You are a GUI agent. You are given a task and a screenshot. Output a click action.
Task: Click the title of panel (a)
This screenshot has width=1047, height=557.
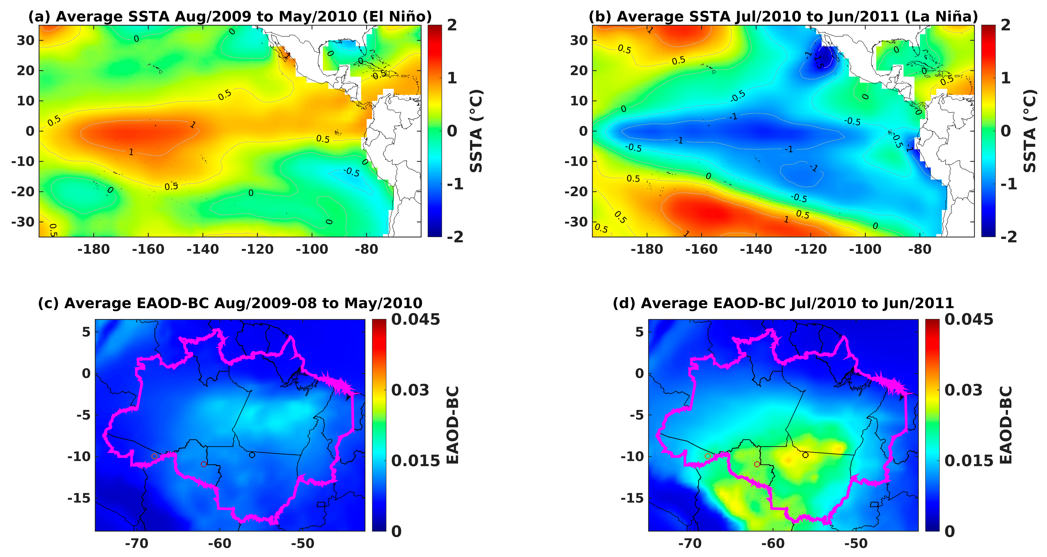point(230,17)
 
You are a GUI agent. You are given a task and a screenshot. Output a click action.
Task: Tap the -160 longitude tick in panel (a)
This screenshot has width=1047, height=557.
point(148,249)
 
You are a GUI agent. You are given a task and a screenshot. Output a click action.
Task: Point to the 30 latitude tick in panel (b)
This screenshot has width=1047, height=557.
point(579,40)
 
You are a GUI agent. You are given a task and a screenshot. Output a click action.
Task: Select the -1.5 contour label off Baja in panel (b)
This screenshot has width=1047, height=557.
point(818,61)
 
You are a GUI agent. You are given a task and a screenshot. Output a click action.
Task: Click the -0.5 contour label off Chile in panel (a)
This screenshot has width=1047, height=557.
point(352,172)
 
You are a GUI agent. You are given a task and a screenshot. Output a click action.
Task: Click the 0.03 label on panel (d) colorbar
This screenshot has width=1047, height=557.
point(963,390)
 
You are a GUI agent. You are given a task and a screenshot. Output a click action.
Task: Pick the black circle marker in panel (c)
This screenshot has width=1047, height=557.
point(252,455)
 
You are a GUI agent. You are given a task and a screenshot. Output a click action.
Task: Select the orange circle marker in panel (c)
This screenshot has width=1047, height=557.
point(154,456)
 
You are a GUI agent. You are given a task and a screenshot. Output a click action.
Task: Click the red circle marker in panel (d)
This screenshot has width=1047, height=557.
point(757,464)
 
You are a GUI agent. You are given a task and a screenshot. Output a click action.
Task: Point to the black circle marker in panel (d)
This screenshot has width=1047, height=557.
point(805,455)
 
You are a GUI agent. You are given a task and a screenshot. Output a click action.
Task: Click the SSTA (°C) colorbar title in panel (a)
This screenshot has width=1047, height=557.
point(476,131)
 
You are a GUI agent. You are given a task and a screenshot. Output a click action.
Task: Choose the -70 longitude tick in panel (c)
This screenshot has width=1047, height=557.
point(137,543)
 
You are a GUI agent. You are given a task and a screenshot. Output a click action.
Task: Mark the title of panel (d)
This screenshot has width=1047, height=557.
point(783,303)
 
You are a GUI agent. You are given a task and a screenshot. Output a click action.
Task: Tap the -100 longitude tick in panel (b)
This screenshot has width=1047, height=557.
point(865,249)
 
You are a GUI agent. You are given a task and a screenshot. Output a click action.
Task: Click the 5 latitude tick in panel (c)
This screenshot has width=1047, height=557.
point(86,332)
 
